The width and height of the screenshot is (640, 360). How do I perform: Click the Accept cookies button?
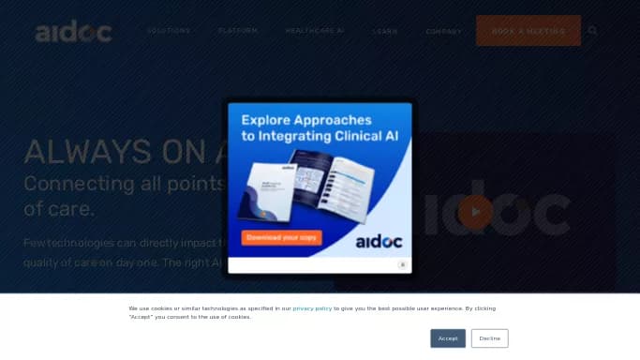(448, 338)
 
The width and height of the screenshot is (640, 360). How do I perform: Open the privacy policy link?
(312, 308)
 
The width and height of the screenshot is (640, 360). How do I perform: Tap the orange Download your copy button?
(282, 238)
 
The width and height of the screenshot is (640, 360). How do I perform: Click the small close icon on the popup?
(402, 265)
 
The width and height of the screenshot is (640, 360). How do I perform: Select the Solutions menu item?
(169, 31)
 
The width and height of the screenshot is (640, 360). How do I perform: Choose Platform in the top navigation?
(237, 31)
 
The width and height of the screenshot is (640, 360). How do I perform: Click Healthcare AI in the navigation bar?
(315, 31)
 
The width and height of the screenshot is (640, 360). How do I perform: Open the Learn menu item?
(385, 31)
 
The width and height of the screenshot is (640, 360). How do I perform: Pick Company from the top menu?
(443, 31)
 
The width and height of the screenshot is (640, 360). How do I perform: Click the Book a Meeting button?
(528, 31)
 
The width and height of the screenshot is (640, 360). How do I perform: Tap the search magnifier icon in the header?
(592, 31)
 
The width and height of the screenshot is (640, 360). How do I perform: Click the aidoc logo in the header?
(73, 33)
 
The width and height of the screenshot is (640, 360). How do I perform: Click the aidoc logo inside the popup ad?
(380, 241)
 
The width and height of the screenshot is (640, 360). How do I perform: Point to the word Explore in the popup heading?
(271, 120)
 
